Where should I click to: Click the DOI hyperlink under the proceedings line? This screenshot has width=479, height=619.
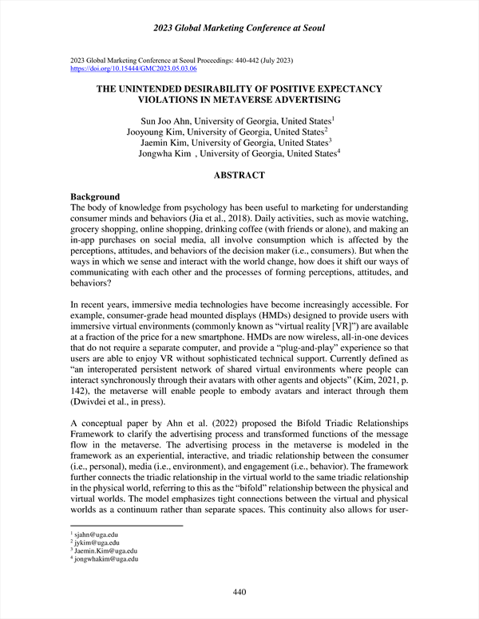point(133,69)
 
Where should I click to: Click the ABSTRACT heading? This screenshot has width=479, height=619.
point(239,175)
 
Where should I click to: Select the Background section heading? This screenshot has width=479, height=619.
point(95,197)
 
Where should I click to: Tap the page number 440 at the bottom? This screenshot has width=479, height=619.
point(239,592)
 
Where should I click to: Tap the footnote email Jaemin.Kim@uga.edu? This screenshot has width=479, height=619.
point(106,551)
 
